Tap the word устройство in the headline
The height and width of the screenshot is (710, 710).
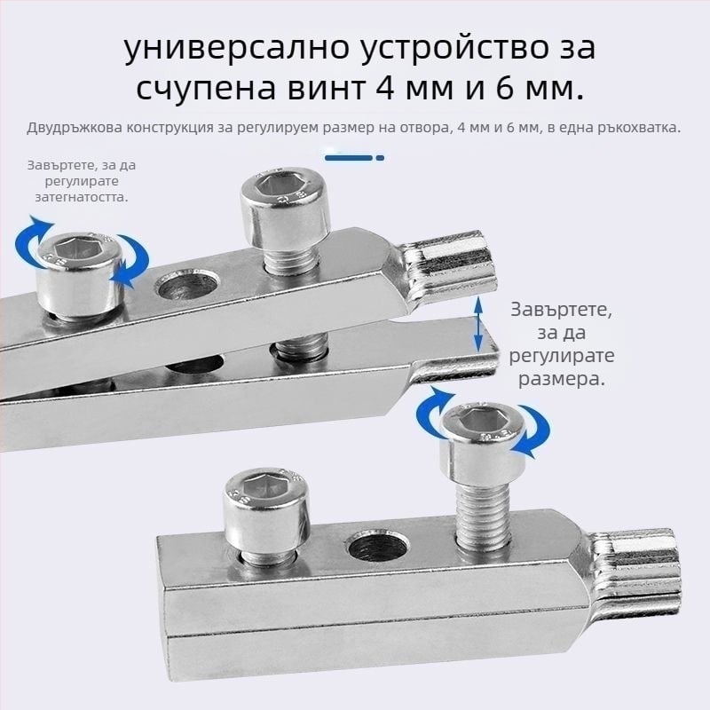pyautogui.click(x=457, y=49)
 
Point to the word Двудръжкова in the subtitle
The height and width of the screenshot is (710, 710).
pyautogui.click(x=75, y=128)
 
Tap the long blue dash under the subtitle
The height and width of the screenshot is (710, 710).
pyautogui.click(x=349, y=158)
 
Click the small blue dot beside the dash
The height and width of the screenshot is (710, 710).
pyautogui.click(x=380, y=158)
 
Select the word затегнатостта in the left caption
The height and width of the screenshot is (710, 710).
pyautogui.click(x=82, y=197)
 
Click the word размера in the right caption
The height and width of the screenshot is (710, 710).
pyautogui.click(x=562, y=379)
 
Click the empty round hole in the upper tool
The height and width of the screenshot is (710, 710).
pyautogui.click(x=187, y=286)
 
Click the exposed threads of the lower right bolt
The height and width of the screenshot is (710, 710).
pyautogui.click(x=482, y=517)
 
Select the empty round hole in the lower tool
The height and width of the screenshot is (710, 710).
pyautogui.click(x=379, y=547)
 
